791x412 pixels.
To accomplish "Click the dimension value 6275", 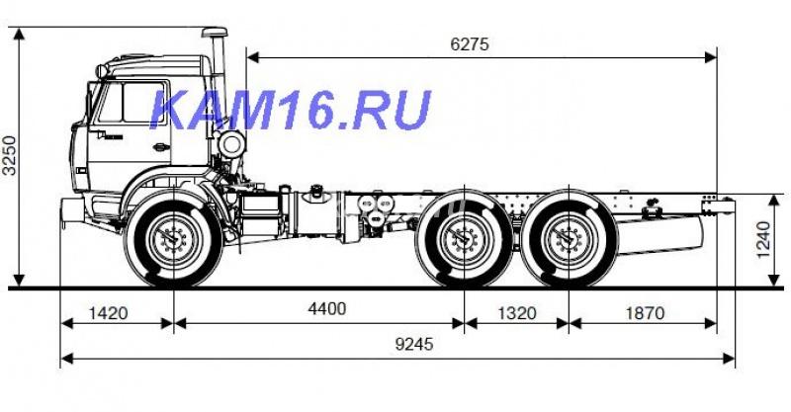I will click(x=470, y=44).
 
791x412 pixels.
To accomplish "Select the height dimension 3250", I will click(x=9, y=156).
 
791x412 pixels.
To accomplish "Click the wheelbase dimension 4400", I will click(x=326, y=308).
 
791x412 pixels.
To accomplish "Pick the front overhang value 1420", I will click(x=108, y=313).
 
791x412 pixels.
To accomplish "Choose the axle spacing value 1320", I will click(x=515, y=313).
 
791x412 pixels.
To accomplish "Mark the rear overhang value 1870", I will click(x=644, y=313).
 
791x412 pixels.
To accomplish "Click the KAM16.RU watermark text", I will click(x=291, y=110).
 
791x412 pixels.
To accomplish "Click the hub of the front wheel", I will click(x=174, y=239).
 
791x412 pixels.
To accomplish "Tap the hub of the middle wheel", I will click(x=462, y=239).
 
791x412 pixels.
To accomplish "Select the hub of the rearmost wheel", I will click(x=568, y=239).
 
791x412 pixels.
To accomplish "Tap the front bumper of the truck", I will click(x=69, y=210).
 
